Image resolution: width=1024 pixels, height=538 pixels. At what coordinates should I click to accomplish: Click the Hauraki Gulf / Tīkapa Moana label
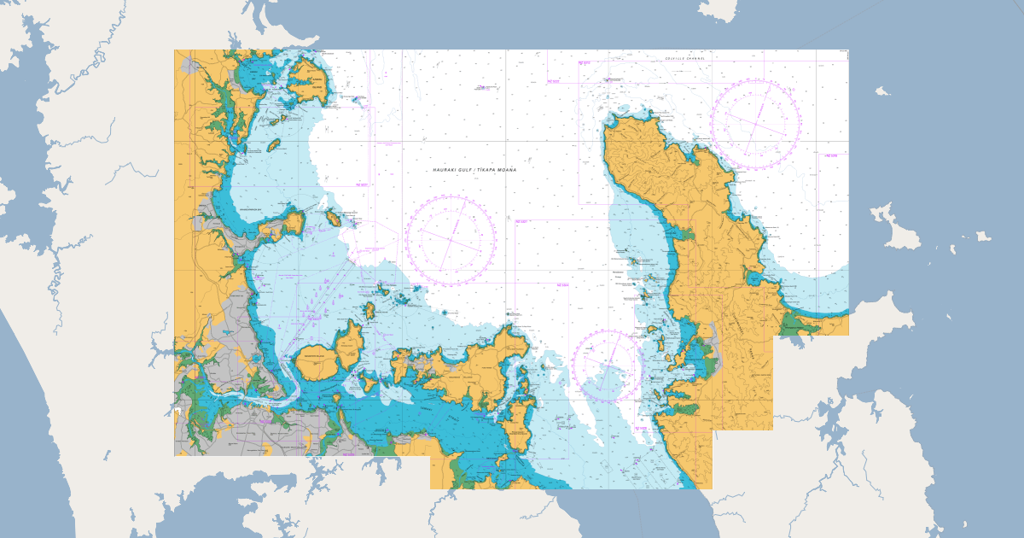point(474,170)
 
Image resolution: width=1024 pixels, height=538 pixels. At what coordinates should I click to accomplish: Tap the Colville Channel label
point(686,58)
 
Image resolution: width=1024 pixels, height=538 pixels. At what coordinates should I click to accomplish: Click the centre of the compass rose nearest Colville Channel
point(756,124)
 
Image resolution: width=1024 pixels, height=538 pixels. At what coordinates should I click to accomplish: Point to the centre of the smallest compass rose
point(608,365)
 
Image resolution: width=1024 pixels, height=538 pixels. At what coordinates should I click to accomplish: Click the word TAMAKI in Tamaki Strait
point(416,408)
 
